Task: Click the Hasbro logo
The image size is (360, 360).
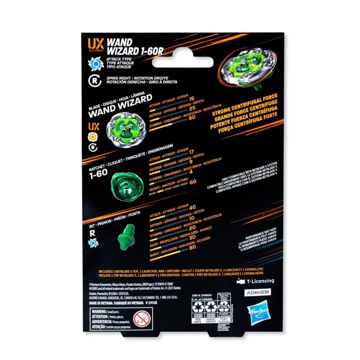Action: click(x=260, y=311)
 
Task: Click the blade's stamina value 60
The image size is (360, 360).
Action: click(x=192, y=117)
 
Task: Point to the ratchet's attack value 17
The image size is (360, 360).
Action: click(x=192, y=152)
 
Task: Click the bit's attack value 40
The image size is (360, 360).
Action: click(x=192, y=207)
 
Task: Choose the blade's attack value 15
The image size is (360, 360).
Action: click(x=192, y=99)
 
